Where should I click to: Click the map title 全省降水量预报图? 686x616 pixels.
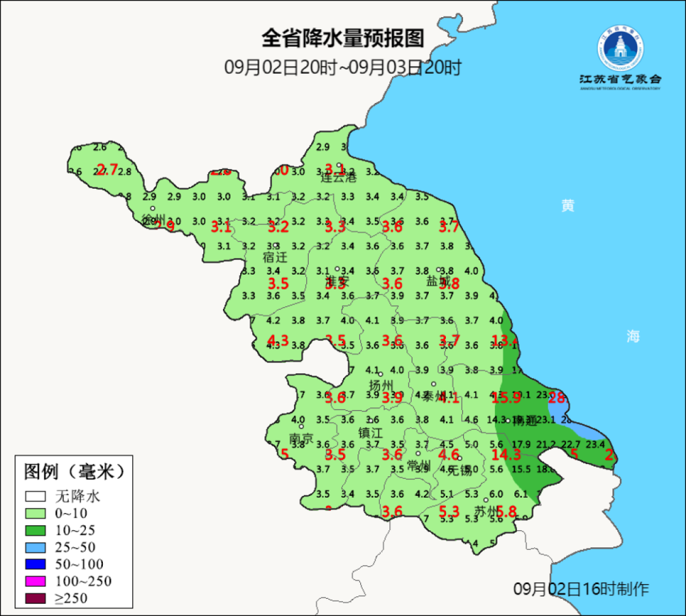pos(342,39)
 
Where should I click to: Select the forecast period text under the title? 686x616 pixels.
pos(342,67)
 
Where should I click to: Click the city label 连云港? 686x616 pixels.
pos(339,177)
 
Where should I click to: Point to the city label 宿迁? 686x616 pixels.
pos(275,257)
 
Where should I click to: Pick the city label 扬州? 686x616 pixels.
pos(381,385)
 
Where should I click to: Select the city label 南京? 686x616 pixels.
pos(301,439)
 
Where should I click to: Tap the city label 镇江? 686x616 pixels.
pos(370,432)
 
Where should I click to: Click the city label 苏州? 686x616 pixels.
pos(487,512)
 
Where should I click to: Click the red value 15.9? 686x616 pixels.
pos(507,398)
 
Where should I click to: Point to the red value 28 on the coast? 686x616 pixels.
pos(557,398)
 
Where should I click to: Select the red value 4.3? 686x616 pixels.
pos(278,340)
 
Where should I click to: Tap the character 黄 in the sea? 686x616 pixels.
pos(568,205)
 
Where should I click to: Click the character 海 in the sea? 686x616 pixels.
pos(633,336)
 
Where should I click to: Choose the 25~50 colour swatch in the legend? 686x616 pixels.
pos(36,547)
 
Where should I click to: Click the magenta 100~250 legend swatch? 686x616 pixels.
pos(36,581)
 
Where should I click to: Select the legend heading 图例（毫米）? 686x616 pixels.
pos(74,472)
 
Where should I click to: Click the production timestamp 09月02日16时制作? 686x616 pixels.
pos(581,589)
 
